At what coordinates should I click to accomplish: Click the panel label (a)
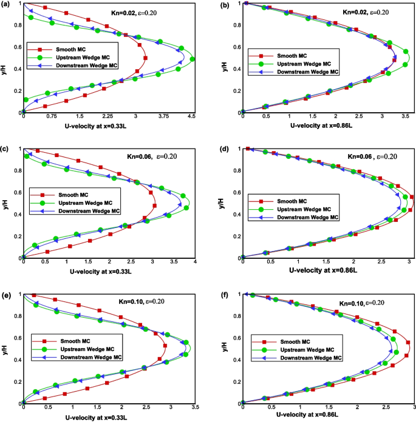point(5,5)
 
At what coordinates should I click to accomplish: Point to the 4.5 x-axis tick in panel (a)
point(192,116)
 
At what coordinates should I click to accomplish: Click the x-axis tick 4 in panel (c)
point(195,261)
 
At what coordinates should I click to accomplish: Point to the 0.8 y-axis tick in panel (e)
point(18,316)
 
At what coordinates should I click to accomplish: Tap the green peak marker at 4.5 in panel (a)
point(192,59)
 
